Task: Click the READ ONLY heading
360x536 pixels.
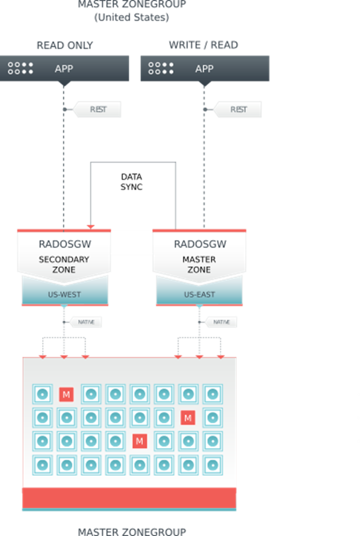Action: pyautogui.click(x=64, y=45)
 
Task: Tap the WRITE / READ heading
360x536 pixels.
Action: pyautogui.click(x=203, y=45)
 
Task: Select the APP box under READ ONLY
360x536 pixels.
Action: pyautogui.click(x=64, y=69)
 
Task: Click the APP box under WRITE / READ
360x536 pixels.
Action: pyautogui.click(x=205, y=69)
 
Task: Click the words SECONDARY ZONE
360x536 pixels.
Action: pyautogui.click(x=64, y=264)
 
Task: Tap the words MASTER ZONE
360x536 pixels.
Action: pyautogui.click(x=199, y=264)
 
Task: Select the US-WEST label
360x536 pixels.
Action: pyautogui.click(x=64, y=295)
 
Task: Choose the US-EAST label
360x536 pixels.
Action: pyautogui.click(x=199, y=295)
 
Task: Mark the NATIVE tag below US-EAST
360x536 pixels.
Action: pyautogui.click(x=221, y=322)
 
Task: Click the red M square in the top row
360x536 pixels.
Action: pyautogui.click(x=66, y=394)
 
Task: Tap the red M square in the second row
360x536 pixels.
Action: pyautogui.click(x=187, y=417)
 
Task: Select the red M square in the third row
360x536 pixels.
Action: pyautogui.click(x=139, y=441)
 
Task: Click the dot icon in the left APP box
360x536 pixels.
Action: pyautogui.click(x=21, y=69)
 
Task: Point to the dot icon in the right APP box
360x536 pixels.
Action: pyautogui.click(x=161, y=69)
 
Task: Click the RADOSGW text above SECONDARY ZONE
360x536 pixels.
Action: pyautogui.click(x=64, y=245)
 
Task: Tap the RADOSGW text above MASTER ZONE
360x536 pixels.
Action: pyautogui.click(x=199, y=245)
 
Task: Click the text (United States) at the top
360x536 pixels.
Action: pyautogui.click(x=132, y=17)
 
